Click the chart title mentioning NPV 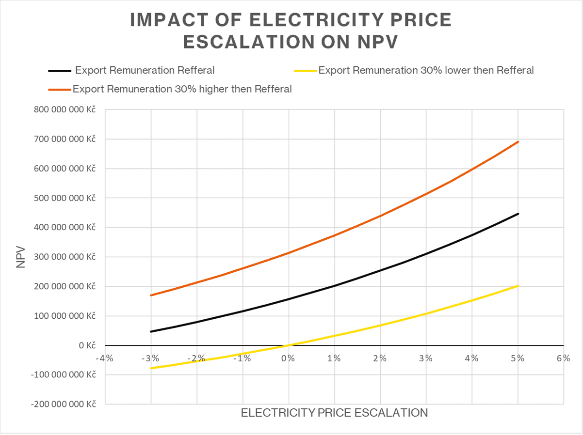coord(291,30)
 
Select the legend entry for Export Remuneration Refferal coord(144,70)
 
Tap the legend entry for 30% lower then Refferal coord(426,70)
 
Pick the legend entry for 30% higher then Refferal coord(182,89)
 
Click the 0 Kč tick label coord(85,345)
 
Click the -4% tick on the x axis coord(105,358)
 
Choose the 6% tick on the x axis coord(563,358)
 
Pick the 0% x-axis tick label coord(288,358)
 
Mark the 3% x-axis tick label coord(425,358)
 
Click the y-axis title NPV coord(20,257)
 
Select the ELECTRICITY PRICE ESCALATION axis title coord(334,413)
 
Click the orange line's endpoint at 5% coord(518,141)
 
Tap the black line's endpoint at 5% coord(518,214)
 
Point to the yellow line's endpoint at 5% coord(518,286)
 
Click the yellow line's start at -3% coord(151,368)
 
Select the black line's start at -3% coord(151,331)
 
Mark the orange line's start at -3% coord(151,295)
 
